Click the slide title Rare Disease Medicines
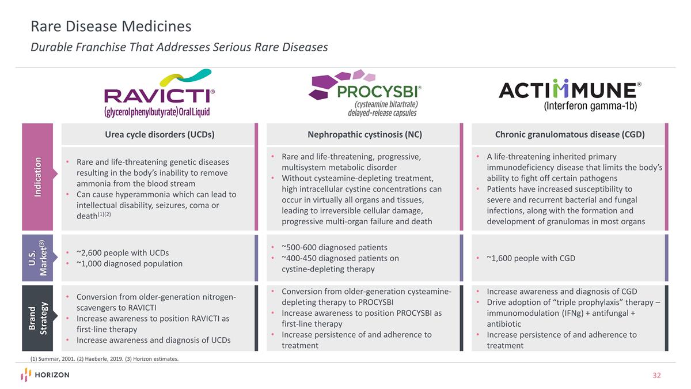pyautogui.click(x=111, y=27)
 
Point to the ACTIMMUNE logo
pyautogui.click(x=569, y=92)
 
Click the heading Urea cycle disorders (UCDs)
pyautogui.click(x=160, y=135)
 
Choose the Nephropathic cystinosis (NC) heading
pyautogui.click(x=365, y=135)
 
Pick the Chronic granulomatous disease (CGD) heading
pyautogui.click(x=569, y=135)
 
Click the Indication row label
pyautogui.click(x=37, y=177)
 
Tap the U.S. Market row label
pyautogui.click(x=37, y=258)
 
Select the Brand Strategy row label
pyautogui.click(x=37, y=318)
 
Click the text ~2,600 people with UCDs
pyautogui.click(x=122, y=252)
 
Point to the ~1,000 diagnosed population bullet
pyautogui.click(x=129, y=263)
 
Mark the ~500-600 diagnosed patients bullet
pyautogui.click(x=334, y=247)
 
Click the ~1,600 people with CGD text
pyautogui.click(x=530, y=258)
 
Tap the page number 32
pyautogui.click(x=656, y=376)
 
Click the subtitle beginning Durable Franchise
pyautogui.click(x=179, y=47)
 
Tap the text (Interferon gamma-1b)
pyautogui.click(x=590, y=106)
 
